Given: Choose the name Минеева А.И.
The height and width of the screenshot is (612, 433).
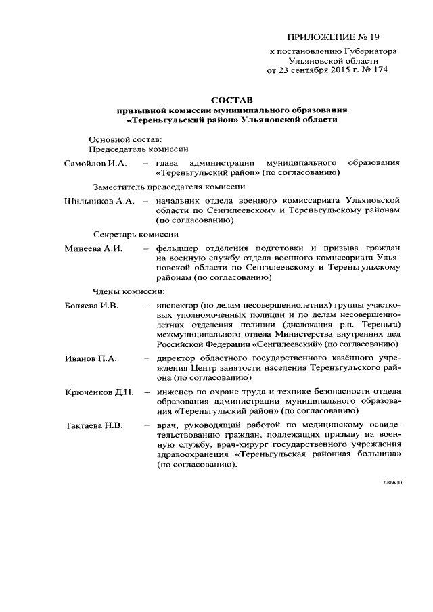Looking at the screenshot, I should (93, 248).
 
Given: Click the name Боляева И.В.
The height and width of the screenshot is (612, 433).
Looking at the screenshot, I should (91, 306).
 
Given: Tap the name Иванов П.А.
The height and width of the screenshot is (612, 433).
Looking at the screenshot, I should (89, 358).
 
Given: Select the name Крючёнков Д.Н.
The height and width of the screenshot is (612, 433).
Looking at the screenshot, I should (99, 392).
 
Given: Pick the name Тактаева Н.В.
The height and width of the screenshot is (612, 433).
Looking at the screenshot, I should (93, 425).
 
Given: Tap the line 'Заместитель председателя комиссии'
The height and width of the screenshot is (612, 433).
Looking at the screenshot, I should (168, 187).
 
